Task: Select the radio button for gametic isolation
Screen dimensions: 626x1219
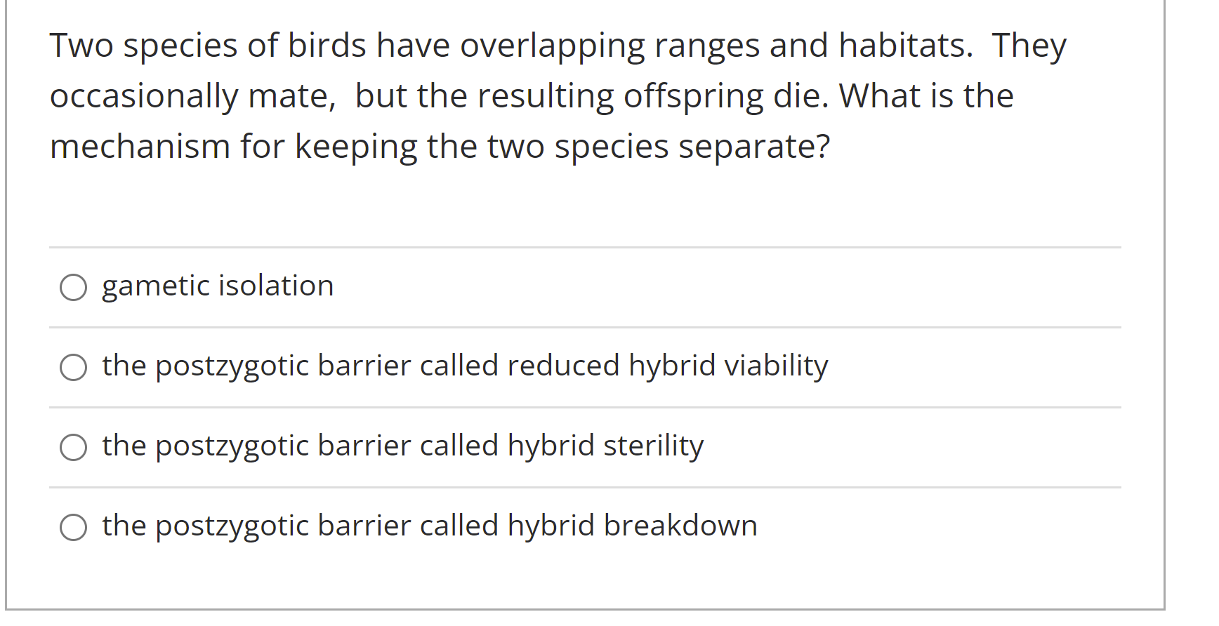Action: [73, 287]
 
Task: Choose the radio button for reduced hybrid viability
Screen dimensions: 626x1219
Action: [73, 367]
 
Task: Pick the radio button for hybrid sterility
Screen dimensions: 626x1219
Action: [73, 447]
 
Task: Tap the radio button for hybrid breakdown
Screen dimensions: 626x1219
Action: [73, 527]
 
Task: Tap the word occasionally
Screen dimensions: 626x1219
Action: [144, 97]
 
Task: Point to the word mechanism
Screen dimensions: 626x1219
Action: [140, 147]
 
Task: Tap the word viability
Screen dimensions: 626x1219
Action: [776, 366]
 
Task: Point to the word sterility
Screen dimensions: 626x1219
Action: [653, 446]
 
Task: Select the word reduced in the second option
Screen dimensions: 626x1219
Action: [563, 366]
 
